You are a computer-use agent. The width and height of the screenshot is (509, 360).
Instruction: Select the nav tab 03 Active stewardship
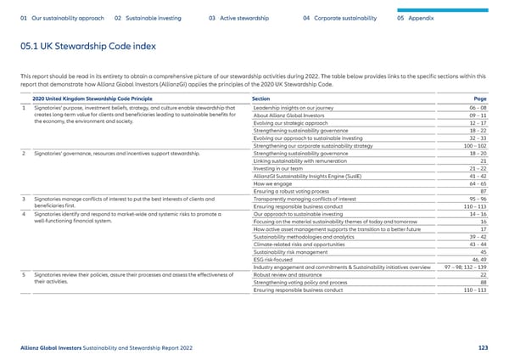(238, 17)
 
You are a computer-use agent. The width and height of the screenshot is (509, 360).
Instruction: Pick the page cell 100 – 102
(471, 145)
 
